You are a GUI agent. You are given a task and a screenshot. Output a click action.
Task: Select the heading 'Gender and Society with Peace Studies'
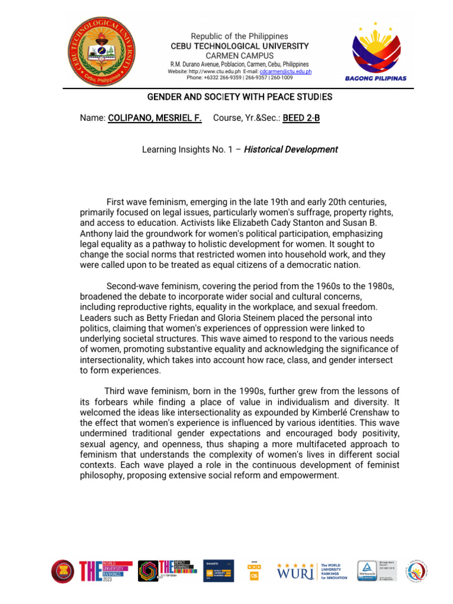pos(239,96)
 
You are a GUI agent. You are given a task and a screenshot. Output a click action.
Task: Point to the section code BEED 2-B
pos(301,118)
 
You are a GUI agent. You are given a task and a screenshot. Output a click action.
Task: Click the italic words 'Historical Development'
pos(291,149)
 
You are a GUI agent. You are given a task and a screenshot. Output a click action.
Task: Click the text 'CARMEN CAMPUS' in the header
pos(239,55)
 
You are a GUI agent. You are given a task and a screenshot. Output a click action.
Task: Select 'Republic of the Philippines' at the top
pos(239,36)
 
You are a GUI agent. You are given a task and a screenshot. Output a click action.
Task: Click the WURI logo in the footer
pos(296,571)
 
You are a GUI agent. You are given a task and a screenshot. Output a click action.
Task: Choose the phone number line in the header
pos(239,77)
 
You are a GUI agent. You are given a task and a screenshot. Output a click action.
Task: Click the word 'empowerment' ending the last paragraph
pos(312,475)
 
